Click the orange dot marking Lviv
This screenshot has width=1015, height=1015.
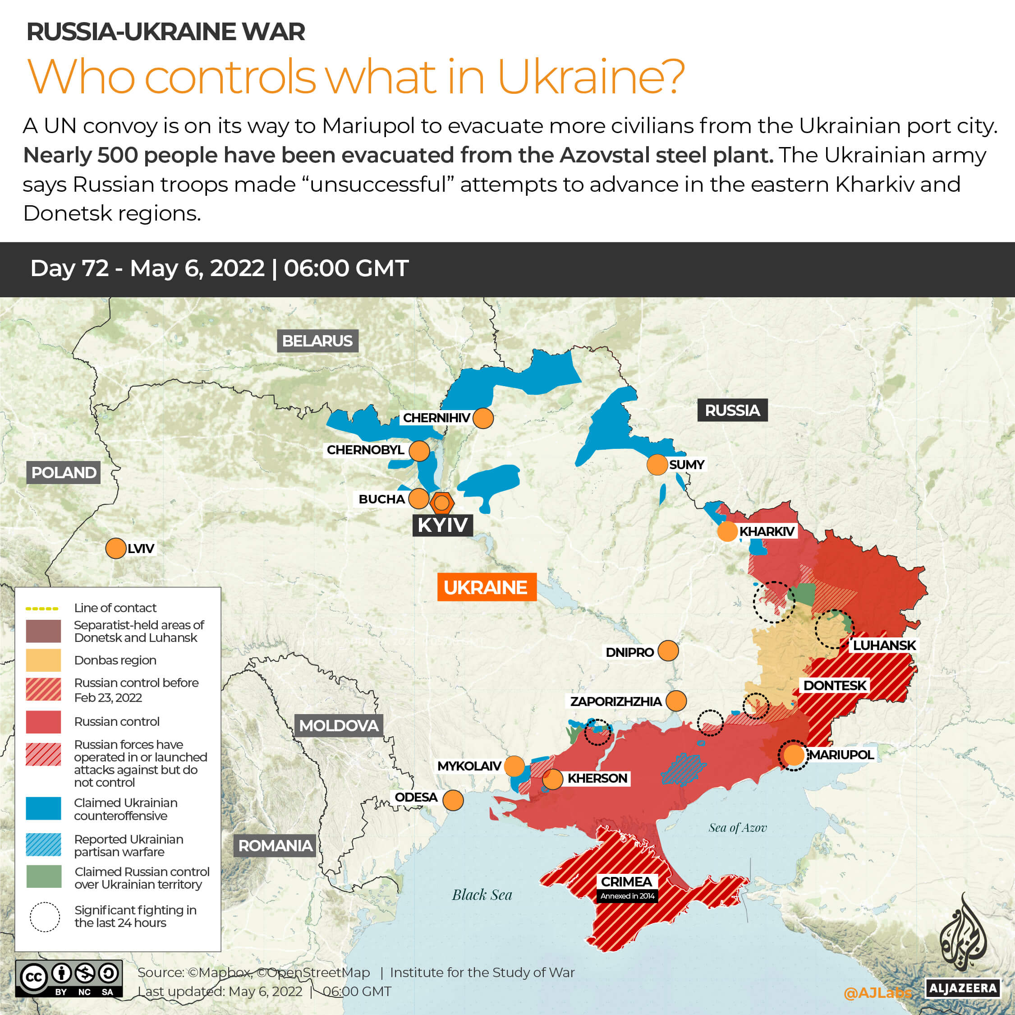(115, 548)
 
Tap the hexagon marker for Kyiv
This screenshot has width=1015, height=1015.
(442, 503)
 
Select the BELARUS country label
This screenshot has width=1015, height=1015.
(317, 341)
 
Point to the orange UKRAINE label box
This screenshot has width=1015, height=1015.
(487, 586)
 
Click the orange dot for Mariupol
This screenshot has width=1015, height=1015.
(793, 755)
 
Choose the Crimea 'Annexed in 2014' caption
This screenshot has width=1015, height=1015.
(627, 895)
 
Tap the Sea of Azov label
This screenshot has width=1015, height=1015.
(737, 828)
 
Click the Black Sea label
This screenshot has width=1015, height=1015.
(482, 895)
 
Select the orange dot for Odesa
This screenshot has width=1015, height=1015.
(453, 800)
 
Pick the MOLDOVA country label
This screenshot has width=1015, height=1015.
(338, 725)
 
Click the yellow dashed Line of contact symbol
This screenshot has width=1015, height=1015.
(42, 608)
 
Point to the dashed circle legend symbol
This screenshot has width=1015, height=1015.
(45, 917)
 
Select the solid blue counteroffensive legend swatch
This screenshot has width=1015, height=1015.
(44, 808)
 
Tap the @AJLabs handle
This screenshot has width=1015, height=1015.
(877, 992)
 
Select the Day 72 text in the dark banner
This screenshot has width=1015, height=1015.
(69, 268)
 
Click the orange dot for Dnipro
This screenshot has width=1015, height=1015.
(668, 651)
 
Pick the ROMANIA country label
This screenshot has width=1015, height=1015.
(276, 845)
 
